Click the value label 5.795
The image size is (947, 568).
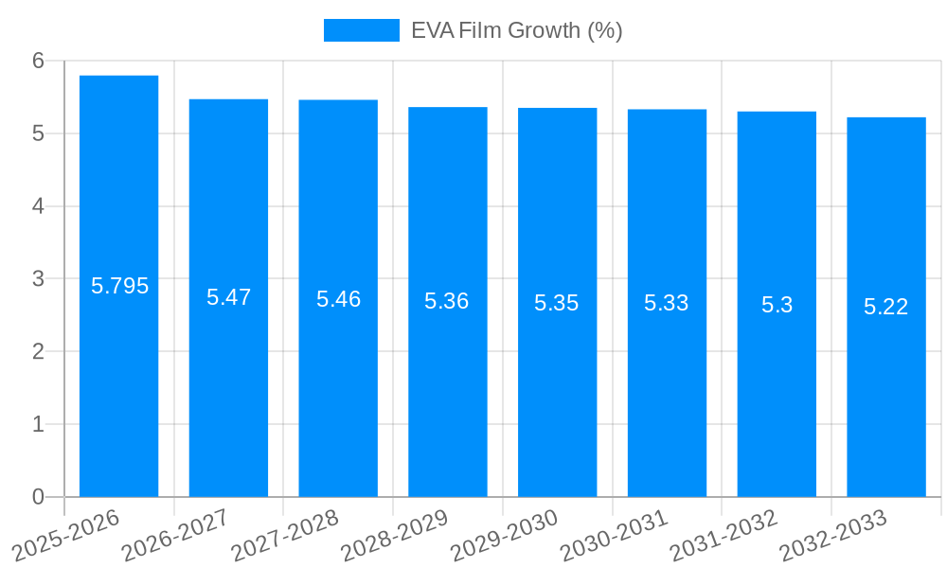[119, 286]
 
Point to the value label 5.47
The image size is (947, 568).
[228, 297]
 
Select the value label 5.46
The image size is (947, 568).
[338, 299]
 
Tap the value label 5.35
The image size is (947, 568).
[557, 303]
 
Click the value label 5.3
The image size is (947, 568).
[777, 305]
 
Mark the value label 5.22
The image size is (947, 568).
[886, 307]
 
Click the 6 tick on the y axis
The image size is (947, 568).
[38, 61]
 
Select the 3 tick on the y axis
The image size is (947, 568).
[38, 279]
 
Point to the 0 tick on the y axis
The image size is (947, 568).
[38, 497]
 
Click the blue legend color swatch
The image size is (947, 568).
[361, 30]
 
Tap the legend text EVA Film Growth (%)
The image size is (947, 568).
[516, 30]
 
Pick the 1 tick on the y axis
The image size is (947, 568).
[38, 424]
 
